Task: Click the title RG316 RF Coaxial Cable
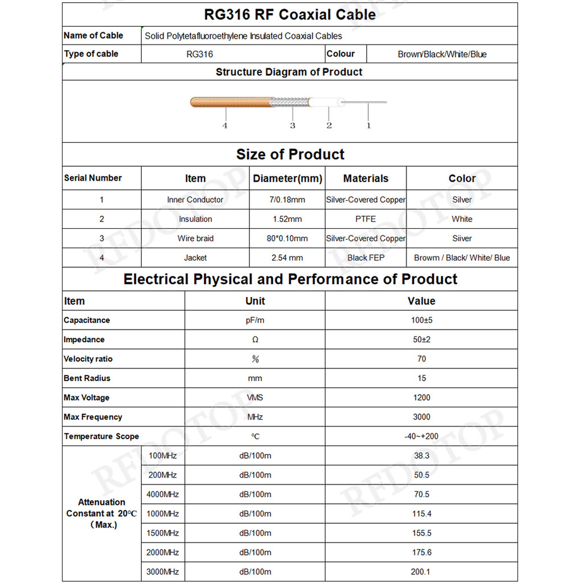tap(290, 15)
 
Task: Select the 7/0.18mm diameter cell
tap(287, 200)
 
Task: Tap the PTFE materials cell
tap(366, 219)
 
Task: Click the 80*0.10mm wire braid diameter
tap(287, 239)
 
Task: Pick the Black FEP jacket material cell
tap(366, 258)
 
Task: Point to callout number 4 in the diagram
tap(225, 125)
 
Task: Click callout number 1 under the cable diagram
tap(368, 125)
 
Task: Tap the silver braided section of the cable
tap(289, 103)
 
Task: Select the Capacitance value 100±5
tap(421, 321)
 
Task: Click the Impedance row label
tap(84, 340)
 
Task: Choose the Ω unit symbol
tap(255, 340)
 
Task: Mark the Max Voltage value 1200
tap(421, 398)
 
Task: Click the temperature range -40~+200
tap(421, 437)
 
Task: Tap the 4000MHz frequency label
tap(163, 495)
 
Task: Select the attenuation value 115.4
tap(421, 514)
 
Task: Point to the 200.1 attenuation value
tap(421, 572)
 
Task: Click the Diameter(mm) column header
tap(288, 179)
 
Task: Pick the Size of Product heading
tap(290, 155)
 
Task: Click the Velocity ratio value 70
tap(421, 359)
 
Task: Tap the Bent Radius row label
tap(87, 379)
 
